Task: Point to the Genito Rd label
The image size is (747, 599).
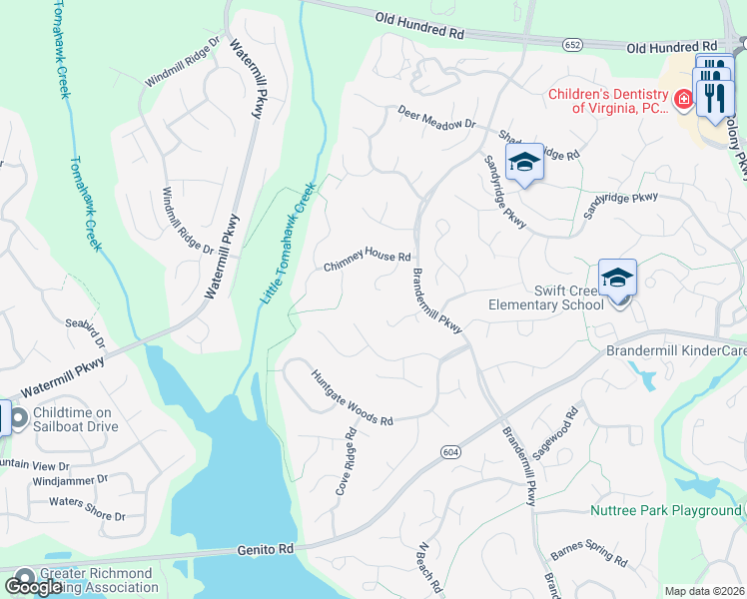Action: point(266,549)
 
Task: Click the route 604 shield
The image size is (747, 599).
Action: point(450,452)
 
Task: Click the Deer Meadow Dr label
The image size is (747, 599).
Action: point(436,117)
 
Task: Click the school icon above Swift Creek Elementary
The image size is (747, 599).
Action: point(617,278)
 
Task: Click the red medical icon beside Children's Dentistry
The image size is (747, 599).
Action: point(683,99)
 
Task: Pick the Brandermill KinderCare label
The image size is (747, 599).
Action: point(676,351)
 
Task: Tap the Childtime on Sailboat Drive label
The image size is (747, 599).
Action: point(75,419)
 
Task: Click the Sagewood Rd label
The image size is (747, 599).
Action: point(555,432)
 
